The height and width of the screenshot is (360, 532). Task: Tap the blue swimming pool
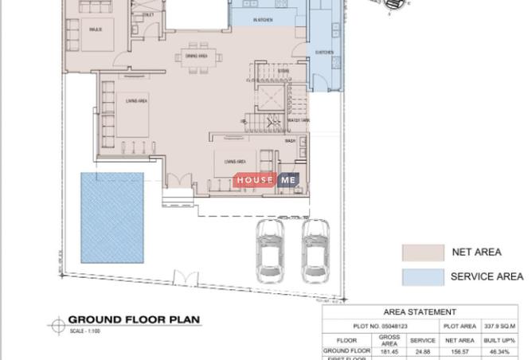[112, 217]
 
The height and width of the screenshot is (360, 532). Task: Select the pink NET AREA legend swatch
[422, 252]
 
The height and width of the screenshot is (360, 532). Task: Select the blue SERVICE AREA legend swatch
[422, 276]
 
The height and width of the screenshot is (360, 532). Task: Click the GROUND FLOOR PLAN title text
[134, 320]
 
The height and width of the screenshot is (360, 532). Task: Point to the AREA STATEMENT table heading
[420, 312]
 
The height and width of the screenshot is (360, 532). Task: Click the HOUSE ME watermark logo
[268, 181]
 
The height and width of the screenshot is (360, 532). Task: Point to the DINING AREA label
[197, 57]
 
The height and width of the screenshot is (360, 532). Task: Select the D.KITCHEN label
[324, 53]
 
